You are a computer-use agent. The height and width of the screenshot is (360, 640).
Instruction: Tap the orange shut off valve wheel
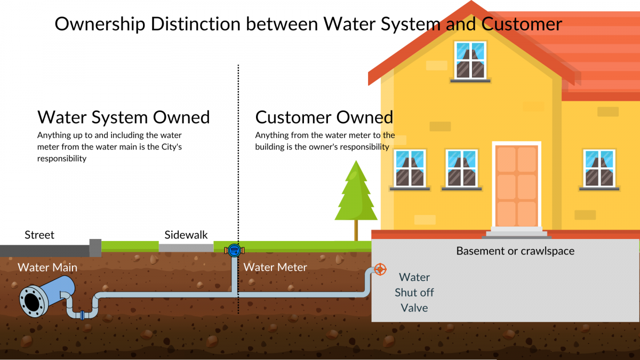click(x=380, y=269)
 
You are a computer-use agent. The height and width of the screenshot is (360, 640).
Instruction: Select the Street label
click(x=39, y=235)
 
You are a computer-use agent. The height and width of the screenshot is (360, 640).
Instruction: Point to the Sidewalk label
click(x=186, y=235)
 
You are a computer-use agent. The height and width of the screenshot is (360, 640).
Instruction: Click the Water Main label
click(x=47, y=267)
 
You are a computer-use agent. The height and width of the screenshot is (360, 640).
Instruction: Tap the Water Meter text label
click(x=275, y=267)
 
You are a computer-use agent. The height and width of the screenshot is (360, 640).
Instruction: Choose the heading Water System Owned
click(x=123, y=117)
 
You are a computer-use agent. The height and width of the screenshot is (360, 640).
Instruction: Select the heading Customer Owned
click(x=324, y=117)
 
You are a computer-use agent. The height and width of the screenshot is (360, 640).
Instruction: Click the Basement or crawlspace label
click(x=515, y=251)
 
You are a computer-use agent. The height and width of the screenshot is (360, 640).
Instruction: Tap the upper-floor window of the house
click(x=470, y=60)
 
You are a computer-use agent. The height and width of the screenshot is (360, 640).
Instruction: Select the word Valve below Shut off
click(x=414, y=308)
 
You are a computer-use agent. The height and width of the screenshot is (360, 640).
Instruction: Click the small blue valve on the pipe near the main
click(x=82, y=315)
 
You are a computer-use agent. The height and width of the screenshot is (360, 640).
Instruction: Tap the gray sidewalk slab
click(x=186, y=247)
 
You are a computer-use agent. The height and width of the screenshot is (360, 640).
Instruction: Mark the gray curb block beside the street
click(x=95, y=247)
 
